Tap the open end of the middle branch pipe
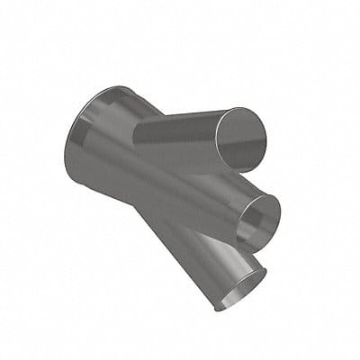pos(259,219)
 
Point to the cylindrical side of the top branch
pos(180,135)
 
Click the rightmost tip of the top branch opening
pos(269,135)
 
